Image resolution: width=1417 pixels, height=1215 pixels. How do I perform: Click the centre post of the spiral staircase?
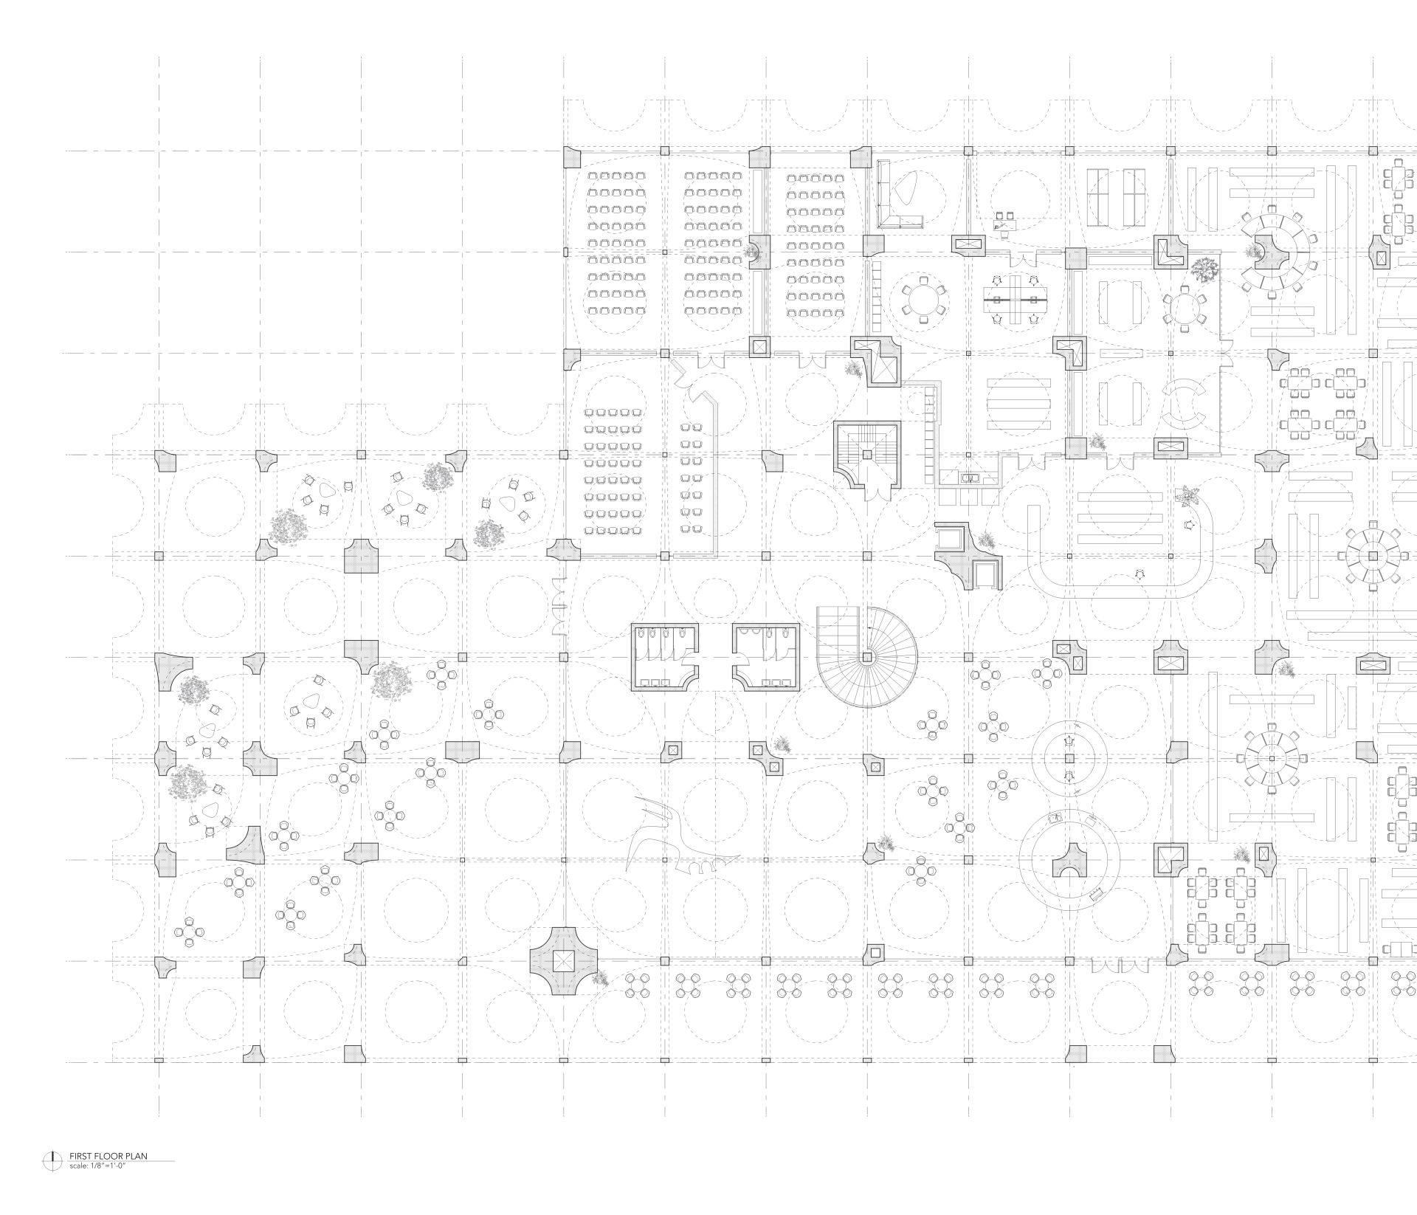[x=867, y=656]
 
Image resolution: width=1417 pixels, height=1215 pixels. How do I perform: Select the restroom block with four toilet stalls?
[x=664, y=656]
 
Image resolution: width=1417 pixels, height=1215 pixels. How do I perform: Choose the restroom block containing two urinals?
[x=766, y=656]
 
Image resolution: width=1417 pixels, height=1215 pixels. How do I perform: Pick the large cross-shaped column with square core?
[x=562, y=961]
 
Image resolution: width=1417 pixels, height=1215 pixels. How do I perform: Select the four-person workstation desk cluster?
[x=1015, y=300]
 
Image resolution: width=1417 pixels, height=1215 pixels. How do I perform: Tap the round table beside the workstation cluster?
[x=919, y=300]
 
